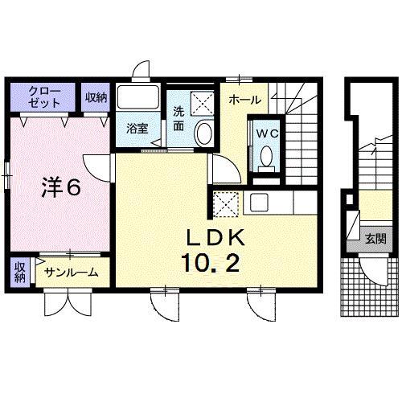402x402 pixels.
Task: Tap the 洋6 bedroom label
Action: (x=61, y=187)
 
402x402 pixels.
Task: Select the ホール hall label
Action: (x=244, y=100)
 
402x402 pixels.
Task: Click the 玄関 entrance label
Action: (x=374, y=239)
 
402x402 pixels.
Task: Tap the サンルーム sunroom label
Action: (x=70, y=273)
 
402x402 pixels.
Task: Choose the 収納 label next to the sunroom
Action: (x=19, y=272)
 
